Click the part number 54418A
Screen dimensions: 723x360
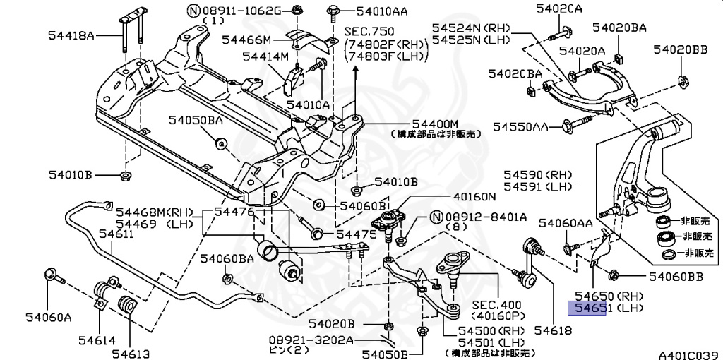pyautogui.click(x=71, y=35)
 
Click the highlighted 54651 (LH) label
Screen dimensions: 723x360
pyautogui.click(x=605, y=308)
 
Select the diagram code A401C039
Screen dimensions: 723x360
pyautogui.click(x=690, y=355)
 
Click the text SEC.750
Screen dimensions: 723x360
pyautogui.click(x=369, y=32)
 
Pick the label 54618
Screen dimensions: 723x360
pyautogui.click(x=552, y=330)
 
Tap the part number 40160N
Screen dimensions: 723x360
pyautogui.click(x=474, y=197)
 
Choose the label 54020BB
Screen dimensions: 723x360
pyautogui.click(x=680, y=49)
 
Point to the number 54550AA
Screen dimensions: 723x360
pyautogui.click(x=521, y=126)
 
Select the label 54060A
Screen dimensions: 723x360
pyautogui.click(x=49, y=317)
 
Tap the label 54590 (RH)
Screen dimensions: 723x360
pyautogui.click(x=537, y=175)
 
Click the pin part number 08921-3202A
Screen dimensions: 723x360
pyautogui.click(x=311, y=340)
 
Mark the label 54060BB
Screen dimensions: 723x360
pyautogui.click(x=676, y=277)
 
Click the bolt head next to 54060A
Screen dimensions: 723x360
pyautogui.click(x=50, y=275)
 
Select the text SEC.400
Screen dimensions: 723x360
pyautogui.click(x=497, y=305)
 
